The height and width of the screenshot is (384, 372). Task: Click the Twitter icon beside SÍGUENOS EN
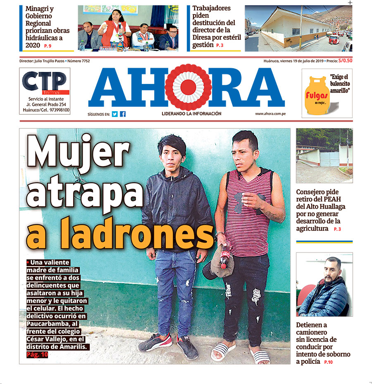coord(115,114)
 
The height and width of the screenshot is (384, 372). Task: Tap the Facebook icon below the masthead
coord(123,114)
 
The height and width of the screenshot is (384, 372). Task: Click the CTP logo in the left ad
coord(44,82)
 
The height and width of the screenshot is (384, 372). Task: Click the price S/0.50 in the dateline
coord(345,61)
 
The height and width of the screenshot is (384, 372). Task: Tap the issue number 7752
coord(84,61)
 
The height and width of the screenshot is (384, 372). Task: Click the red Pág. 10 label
coord(37,355)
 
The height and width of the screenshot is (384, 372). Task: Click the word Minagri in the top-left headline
coord(39,9)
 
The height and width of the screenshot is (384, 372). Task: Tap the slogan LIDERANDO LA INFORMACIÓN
coord(191,114)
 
